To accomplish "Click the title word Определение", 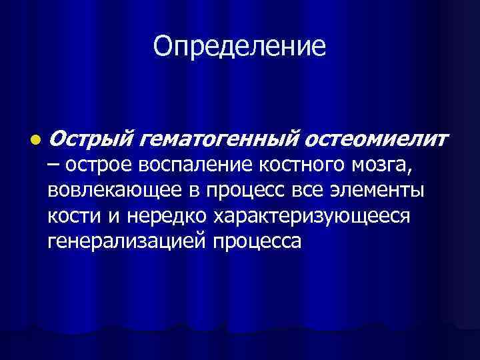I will pos(239,46).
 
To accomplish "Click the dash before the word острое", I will pos(53,165).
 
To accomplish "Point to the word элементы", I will pos(380,191).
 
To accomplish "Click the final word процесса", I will pos(256,241).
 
